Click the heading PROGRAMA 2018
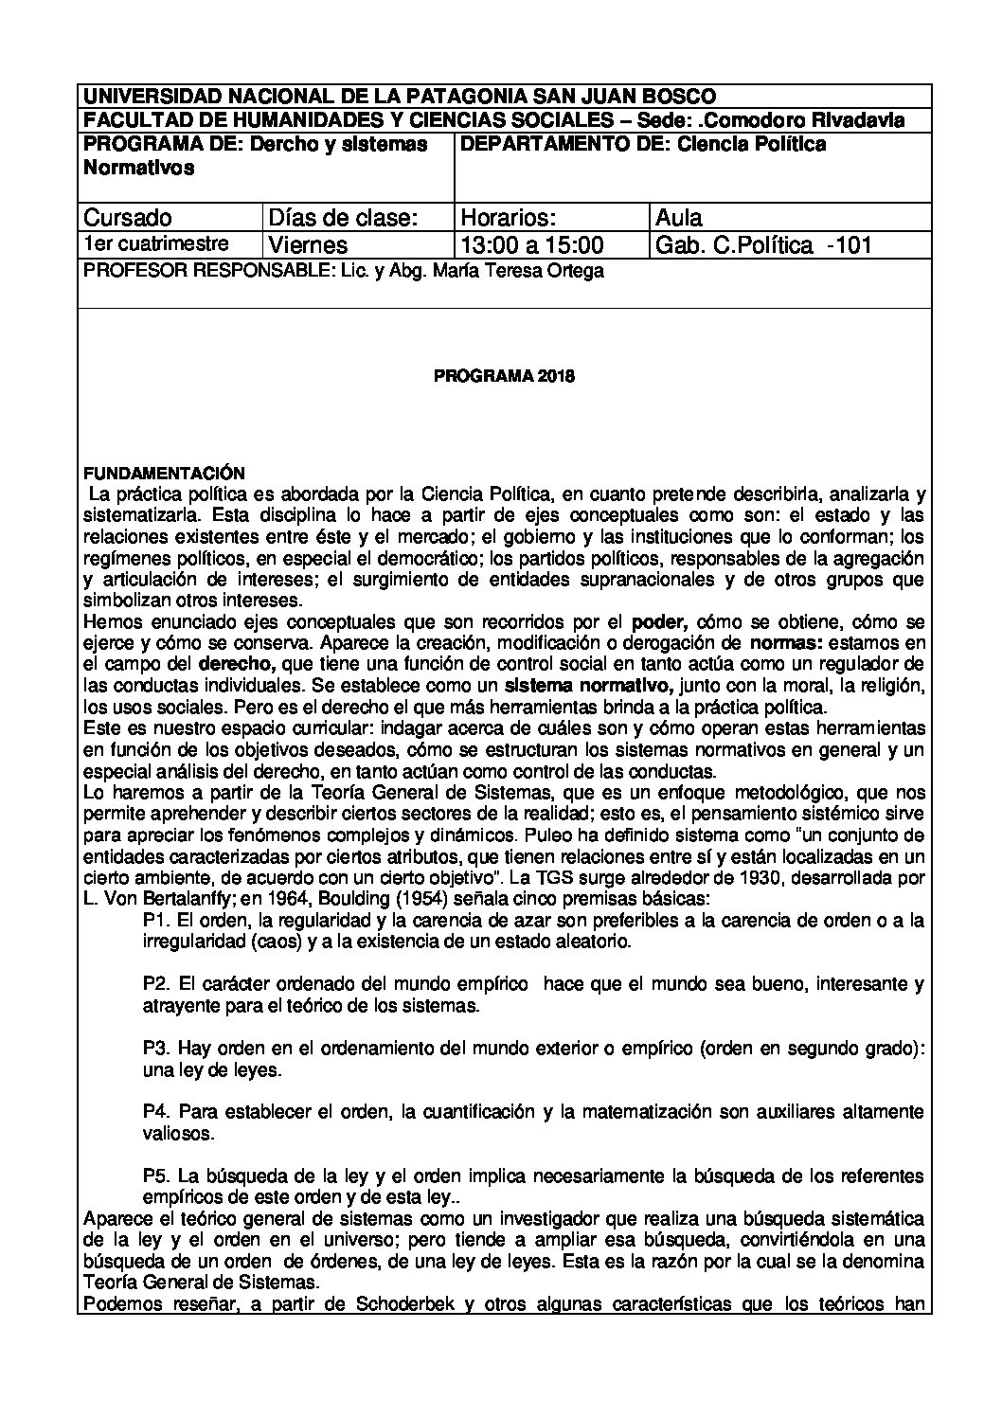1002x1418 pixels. (504, 376)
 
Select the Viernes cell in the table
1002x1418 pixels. (309, 245)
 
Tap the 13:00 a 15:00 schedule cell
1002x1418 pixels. (531, 245)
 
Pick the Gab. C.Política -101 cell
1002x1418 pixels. (762, 245)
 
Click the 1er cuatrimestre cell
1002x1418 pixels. (155, 244)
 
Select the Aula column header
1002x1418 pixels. (679, 218)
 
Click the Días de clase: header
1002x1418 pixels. (343, 218)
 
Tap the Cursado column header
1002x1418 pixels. (128, 218)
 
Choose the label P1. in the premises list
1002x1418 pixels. (155, 921)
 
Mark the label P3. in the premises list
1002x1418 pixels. (155, 1050)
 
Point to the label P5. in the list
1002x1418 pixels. (155, 1176)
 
